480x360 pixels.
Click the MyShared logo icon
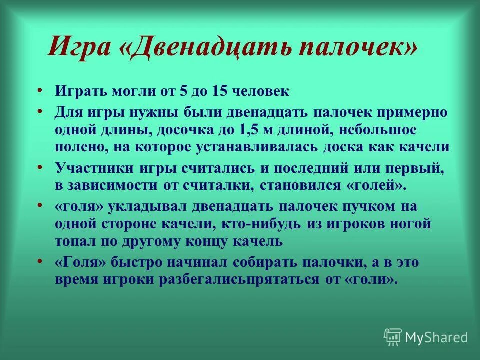393,337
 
